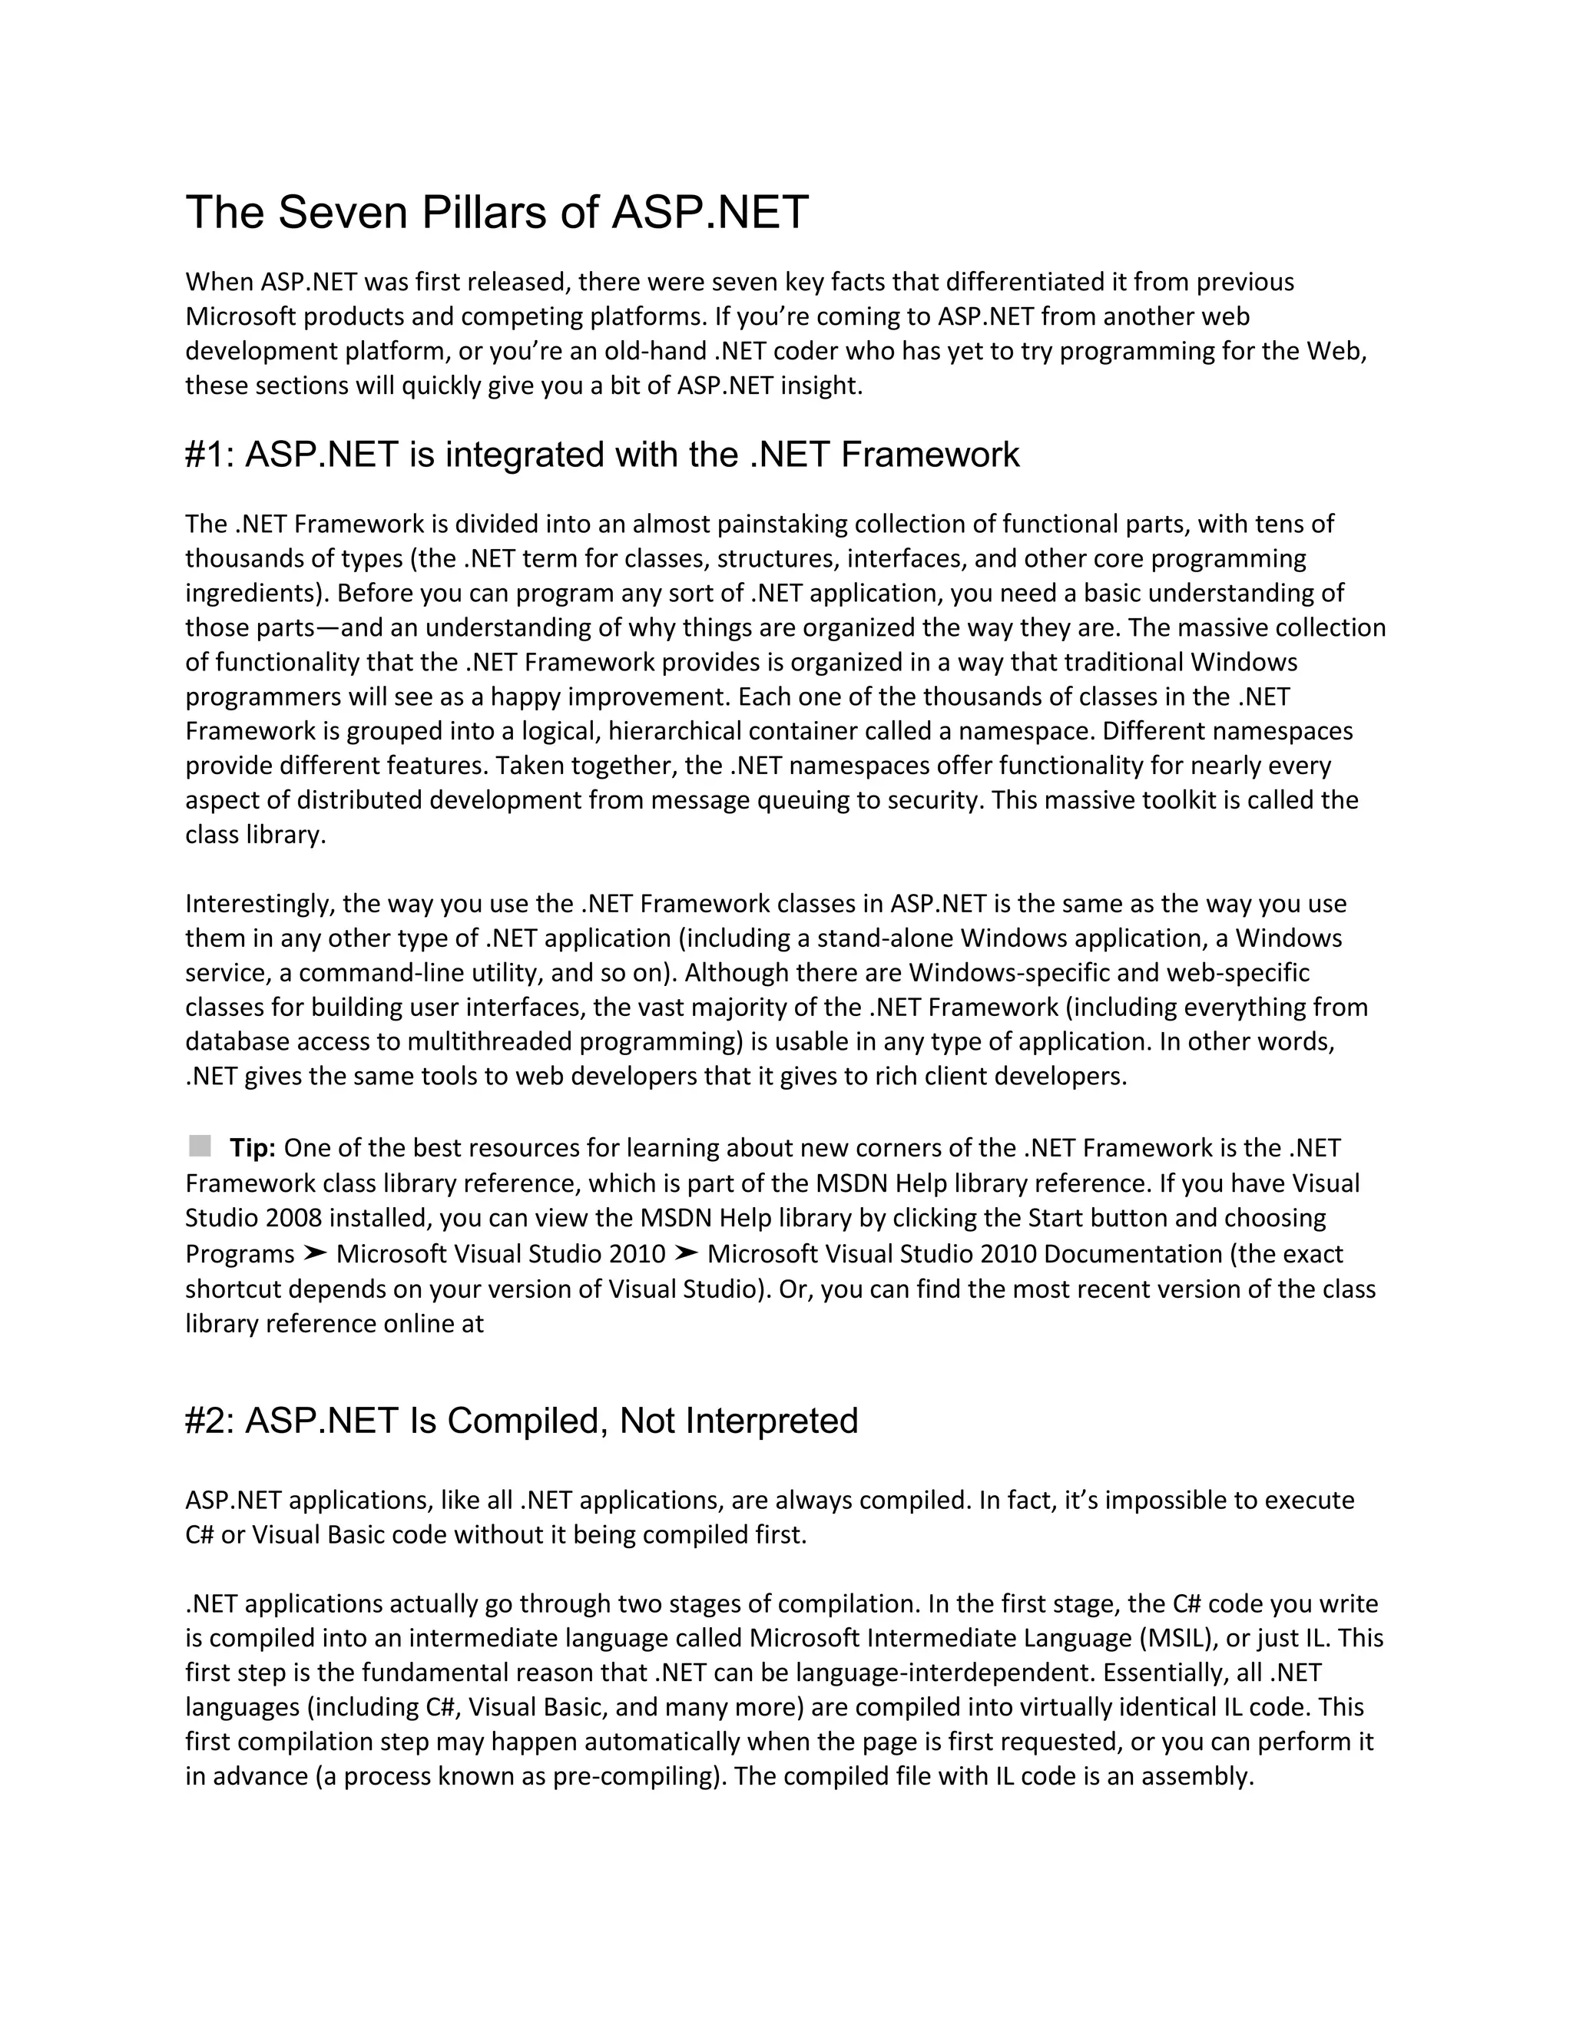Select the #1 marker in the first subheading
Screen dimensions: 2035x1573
(208, 455)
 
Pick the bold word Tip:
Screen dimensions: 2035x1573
(253, 1148)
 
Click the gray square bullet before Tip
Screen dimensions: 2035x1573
(200, 1145)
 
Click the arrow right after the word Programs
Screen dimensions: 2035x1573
(315, 1253)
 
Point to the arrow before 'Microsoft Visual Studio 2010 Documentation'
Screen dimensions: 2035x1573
(686, 1253)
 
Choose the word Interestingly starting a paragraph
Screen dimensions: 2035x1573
(260, 904)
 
